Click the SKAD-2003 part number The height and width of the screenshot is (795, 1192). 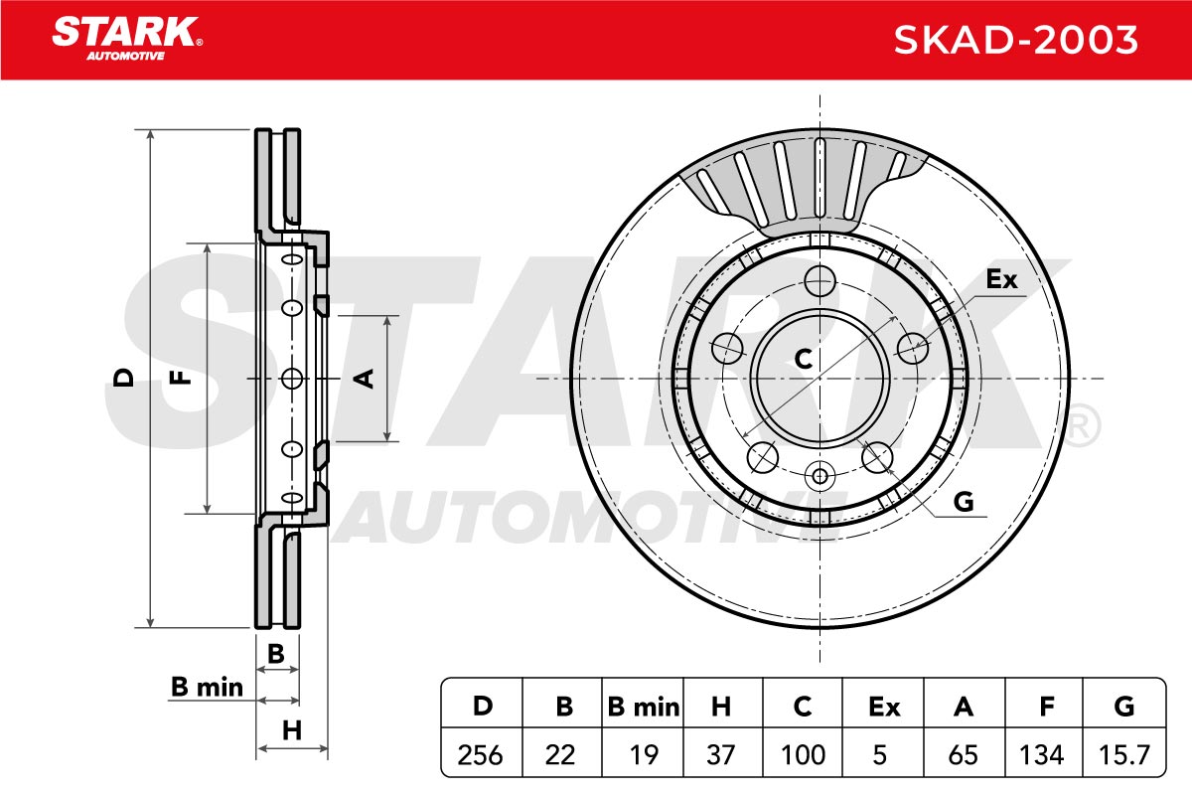tap(1015, 40)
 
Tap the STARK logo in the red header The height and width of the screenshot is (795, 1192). tap(127, 39)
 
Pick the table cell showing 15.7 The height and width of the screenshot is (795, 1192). tap(1124, 754)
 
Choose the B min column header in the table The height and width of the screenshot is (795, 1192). tap(644, 707)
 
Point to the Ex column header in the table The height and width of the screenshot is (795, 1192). tap(884, 707)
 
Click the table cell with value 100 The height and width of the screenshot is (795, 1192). tap(803, 754)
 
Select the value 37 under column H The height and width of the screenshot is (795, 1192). tap(721, 754)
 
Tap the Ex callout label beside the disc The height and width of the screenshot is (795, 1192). tap(1001, 278)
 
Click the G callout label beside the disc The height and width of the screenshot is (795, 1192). tap(964, 502)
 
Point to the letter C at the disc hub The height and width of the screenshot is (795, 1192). tap(803, 359)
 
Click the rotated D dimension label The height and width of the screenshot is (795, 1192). tap(123, 378)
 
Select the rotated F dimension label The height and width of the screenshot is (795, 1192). tap(180, 378)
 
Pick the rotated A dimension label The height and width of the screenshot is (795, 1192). tap(364, 379)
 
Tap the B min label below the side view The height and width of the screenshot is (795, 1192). tap(207, 687)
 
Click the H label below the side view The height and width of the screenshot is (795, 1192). tap(292, 730)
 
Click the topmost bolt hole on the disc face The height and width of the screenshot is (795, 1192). tap(820, 280)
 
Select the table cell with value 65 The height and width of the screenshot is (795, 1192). tap(964, 754)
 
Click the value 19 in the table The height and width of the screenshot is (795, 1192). tap(644, 754)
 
